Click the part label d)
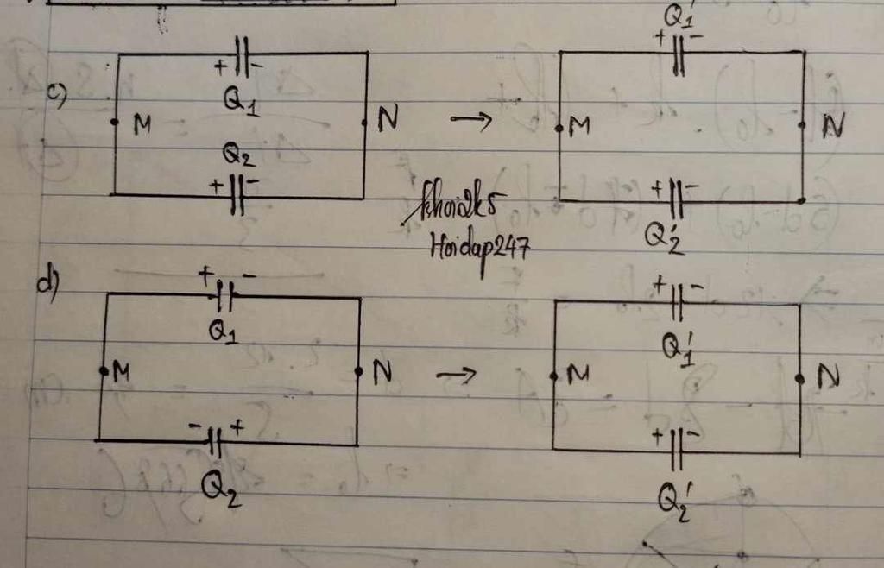47,285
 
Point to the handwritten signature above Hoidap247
458,208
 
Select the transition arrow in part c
470,122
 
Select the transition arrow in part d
456,375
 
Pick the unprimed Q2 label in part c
238,155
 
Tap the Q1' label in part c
679,16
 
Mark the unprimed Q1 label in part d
223,331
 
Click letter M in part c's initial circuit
142,125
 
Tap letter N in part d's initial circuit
382,372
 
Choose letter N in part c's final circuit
832,127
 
